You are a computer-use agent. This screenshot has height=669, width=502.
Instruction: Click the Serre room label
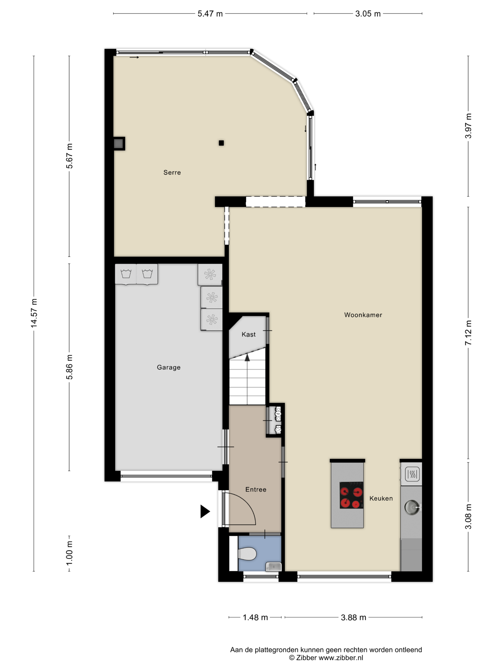tap(172, 173)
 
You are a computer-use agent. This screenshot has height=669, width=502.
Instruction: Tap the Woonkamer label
tap(363, 315)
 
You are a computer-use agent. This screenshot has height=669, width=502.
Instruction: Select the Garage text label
tap(169, 367)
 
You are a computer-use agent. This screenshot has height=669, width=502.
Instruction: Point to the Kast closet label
tap(248, 334)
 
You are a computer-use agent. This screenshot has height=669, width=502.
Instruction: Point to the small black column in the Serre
tap(221, 143)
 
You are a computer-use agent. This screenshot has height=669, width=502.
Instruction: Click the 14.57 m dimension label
tap(34, 313)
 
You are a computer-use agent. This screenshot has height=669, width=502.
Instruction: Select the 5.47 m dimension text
tap(210, 14)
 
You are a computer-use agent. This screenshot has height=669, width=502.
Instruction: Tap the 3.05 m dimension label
tap(368, 14)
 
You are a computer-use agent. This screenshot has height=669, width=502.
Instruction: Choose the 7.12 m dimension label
tap(468, 333)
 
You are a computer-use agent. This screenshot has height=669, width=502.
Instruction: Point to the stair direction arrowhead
tap(247, 357)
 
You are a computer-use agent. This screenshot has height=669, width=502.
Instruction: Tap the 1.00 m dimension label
tap(69, 553)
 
